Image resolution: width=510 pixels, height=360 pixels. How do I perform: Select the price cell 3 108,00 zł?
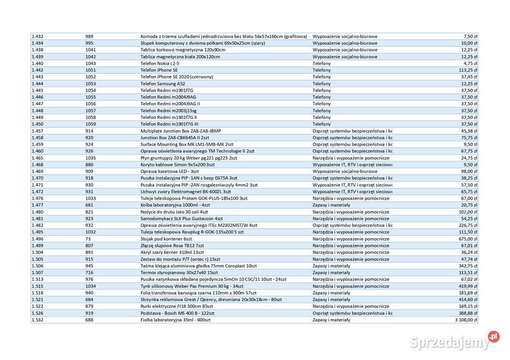pyautogui.click(x=466, y=320)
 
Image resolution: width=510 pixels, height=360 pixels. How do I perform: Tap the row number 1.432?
pyautogui.click(x=37, y=36)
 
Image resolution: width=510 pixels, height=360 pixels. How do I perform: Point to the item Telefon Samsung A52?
pyautogui.click(x=163, y=83)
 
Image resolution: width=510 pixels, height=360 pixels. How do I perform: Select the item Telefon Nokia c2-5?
pyautogui.click(x=160, y=63)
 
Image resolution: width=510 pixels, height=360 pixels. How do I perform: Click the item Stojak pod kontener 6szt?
pyautogui.click(x=166, y=238)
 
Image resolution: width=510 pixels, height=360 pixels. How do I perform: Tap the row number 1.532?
pyautogui.click(x=37, y=320)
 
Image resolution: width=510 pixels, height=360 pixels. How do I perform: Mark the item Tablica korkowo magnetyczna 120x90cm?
pyautogui.click(x=175, y=49)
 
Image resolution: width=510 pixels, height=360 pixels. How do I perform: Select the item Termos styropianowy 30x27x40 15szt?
pyautogui.click(x=179, y=272)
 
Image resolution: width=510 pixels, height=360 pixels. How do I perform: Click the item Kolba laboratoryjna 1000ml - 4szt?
pyautogui.click(x=175, y=204)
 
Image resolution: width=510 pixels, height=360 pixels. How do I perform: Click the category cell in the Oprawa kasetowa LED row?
pyautogui.click(x=345, y=171)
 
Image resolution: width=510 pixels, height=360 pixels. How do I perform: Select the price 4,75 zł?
pyautogui.click(x=471, y=63)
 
